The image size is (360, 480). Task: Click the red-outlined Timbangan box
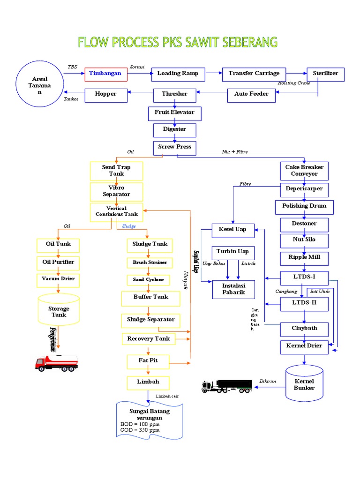click(x=106, y=74)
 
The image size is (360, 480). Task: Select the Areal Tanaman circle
click(x=40, y=86)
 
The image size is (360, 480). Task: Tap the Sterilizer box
click(x=325, y=74)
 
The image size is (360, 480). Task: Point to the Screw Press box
click(x=175, y=148)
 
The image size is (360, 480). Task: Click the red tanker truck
click(x=56, y=362)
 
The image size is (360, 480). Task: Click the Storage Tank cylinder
click(x=59, y=311)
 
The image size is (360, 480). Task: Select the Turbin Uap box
click(x=232, y=252)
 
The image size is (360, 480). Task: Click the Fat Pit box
click(x=148, y=361)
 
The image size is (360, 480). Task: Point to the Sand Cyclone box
click(x=148, y=280)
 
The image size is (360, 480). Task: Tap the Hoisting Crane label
click(x=294, y=83)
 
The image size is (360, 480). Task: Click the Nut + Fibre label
click(x=235, y=152)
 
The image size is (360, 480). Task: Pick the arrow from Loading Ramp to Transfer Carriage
click(x=213, y=74)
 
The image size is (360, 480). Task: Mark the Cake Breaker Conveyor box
click(x=304, y=171)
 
